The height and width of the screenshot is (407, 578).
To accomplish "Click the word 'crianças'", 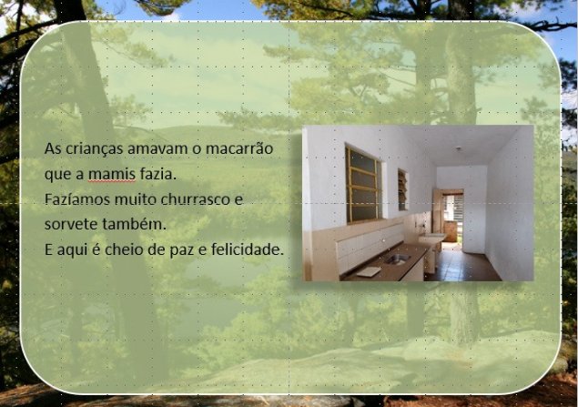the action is point(95,149).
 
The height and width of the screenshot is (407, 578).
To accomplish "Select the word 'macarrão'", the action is point(239,148).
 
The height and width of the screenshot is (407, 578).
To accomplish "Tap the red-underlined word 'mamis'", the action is point(112,174).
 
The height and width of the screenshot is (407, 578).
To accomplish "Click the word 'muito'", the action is point(136,199).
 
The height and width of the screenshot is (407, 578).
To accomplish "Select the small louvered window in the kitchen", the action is point(402,190).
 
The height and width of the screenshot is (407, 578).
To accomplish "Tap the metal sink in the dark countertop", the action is point(397,259).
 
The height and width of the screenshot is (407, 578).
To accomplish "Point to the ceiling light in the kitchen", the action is point(458,148).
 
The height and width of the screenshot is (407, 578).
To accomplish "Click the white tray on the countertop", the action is point(369,271).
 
